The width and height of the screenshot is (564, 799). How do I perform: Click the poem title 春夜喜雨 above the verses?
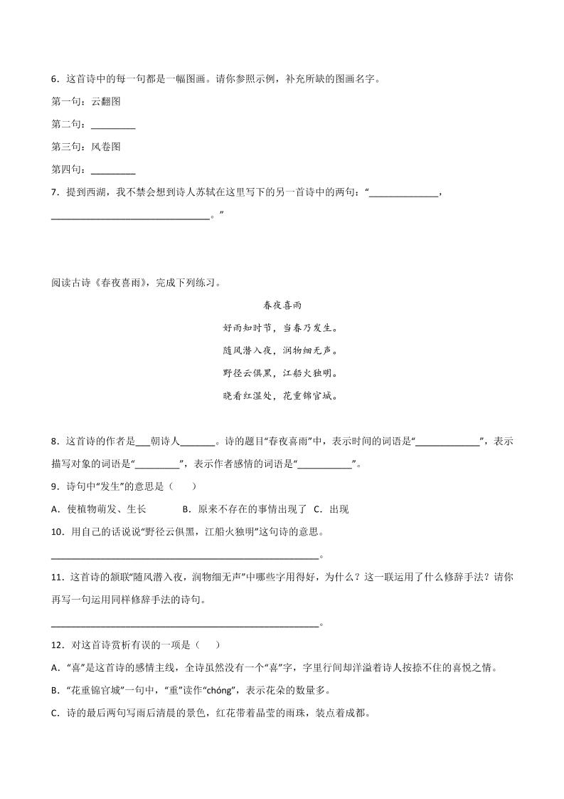[x=282, y=305]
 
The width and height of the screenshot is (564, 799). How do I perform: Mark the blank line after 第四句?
[x=114, y=171]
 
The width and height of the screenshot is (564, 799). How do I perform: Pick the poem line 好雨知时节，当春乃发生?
[x=282, y=328]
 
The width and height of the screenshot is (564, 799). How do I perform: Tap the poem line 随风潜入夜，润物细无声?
[x=282, y=350]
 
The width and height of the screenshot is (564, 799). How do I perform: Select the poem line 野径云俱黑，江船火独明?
[x=282, y=372]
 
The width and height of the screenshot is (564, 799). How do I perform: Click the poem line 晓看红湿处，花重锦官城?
[x=282, y=395]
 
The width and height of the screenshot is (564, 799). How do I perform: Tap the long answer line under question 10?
[x=185, y=555]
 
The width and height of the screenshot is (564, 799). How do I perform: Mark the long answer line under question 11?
[x=185, y=623]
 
